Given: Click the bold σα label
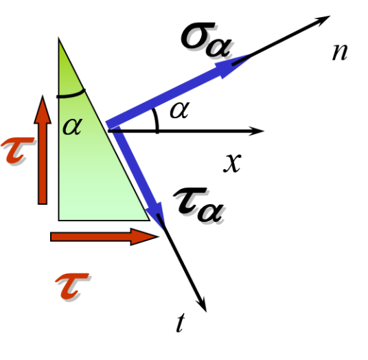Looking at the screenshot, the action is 206,39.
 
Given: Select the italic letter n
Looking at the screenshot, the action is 340,52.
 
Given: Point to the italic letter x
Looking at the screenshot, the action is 232,163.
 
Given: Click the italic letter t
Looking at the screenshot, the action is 181,323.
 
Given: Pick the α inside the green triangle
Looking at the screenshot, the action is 73,126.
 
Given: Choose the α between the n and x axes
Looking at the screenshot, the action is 180,110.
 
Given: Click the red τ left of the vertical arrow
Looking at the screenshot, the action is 17,150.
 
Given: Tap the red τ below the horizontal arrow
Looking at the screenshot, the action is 72,286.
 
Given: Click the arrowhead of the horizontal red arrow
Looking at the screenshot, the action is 144,237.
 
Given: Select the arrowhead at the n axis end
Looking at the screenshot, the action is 323,20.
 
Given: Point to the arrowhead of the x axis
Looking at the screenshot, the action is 257,131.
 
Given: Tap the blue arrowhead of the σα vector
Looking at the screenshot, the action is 232,66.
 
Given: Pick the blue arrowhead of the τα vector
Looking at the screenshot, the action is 155,215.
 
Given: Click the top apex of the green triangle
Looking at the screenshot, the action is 58,38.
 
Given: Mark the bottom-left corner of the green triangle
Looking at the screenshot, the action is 58,221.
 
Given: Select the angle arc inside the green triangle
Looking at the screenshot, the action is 71,95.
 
